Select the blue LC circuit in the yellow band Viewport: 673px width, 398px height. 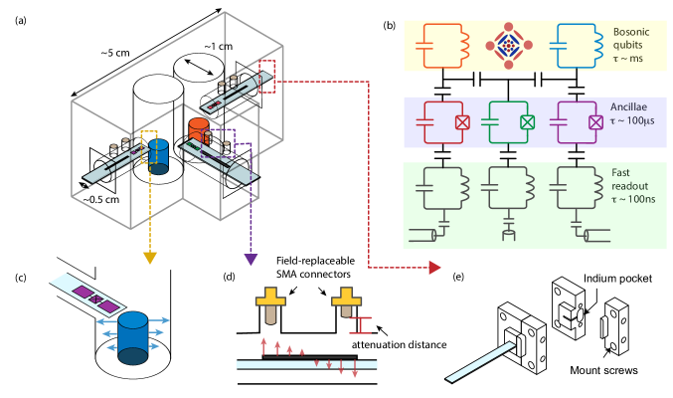click(577, 45)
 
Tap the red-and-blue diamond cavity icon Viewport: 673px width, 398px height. click(508, 45)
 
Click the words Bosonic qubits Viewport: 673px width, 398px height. click(632, 39)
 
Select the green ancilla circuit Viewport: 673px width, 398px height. click(508, 121)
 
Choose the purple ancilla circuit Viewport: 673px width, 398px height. click(577, 121)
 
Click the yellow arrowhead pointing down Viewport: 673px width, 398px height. click(150, 258)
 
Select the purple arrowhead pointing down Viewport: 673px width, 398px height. click(251, 259)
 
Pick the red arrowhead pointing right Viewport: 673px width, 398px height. click(434, 267)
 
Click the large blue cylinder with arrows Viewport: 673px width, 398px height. click(133, 336)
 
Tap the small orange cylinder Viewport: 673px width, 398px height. click(199, 129)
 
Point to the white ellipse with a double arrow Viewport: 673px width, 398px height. click(199, 68)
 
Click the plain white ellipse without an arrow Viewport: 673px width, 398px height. click(158, 89)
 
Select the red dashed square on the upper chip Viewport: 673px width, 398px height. click(266, 77)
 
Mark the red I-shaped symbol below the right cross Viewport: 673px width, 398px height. click(360, 324)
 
